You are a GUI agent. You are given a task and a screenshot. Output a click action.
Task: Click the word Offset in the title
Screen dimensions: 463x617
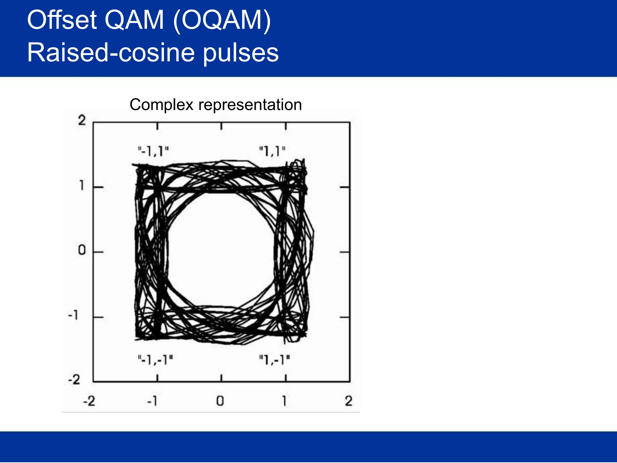pyautogui.click(x=62, y=20)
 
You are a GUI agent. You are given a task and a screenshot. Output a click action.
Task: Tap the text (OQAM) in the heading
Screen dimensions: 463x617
pyautogui.click(x=222, y=20)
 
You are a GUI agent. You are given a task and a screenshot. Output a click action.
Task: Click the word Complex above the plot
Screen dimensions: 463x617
pyautogui.click(x=161, y=105)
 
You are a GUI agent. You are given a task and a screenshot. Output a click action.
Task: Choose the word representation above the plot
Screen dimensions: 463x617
pyautogui.click(x=250, y=105)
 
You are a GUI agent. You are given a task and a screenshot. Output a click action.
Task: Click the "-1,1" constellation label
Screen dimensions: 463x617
pyautogui.click(x=153, y=151)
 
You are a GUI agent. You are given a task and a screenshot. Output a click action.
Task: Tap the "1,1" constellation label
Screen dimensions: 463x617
pyautogui.click(x=272, y=151)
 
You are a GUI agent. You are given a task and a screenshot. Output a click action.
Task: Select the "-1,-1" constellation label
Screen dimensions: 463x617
pyautogui.click(x=155, y=359)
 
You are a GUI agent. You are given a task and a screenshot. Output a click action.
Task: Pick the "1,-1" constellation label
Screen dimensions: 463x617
pyautogui.click(x=274, y=359)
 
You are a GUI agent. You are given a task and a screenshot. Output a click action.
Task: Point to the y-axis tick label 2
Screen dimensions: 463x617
pyautogui.click(x=82, y=121)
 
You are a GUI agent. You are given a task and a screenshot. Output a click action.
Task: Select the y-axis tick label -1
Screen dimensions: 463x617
pyautogui.click(x=73, y=315)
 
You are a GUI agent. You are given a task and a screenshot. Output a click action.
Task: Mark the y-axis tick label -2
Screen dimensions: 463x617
pyautogui.click(x=74, y=379)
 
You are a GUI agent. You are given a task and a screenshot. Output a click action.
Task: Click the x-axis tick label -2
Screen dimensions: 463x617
pyautogui.click(x=89, y=401)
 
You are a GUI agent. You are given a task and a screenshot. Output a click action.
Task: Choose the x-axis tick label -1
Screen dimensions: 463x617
pyautogui.click(x=152, y=401)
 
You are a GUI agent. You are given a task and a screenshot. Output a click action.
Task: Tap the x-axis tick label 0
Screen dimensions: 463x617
pyautogui.click(x=220, y=401)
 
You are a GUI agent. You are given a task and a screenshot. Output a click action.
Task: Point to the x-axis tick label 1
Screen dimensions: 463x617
pyautogui.click(x=284, y=401)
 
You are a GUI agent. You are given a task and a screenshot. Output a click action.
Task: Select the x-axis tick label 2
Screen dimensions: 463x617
pyautogui.click(x=349, y=401)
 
